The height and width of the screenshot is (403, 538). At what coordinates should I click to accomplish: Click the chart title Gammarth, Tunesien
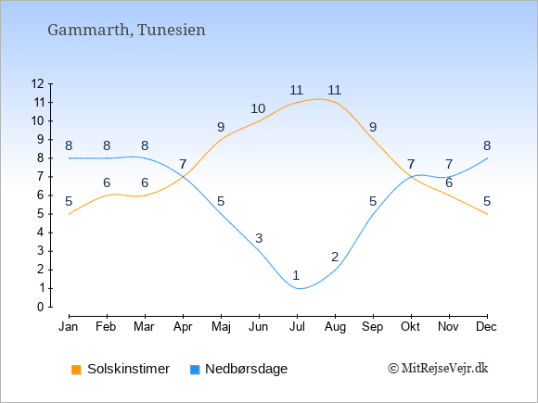click(x=126, y=31)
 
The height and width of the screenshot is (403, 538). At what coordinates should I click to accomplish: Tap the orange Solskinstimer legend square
click(x=76, y=370)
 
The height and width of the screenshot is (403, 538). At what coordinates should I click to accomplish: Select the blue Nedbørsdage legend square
click(x=195, y=370)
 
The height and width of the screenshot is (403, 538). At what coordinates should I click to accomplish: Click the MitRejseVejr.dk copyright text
click(x=438, y=369)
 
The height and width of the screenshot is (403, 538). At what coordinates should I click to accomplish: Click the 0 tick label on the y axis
click(x=41, y=307)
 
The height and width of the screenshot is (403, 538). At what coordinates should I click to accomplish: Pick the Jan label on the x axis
click(x=69, y=327)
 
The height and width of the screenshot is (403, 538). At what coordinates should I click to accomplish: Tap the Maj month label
click(x=221, y=327)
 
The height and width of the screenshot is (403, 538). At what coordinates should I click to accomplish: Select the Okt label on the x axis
click(x=410, y=327)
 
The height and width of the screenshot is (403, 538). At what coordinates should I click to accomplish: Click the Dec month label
click(x=487, y=327)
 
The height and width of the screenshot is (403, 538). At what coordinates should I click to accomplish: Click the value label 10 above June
click(x=258, y=108)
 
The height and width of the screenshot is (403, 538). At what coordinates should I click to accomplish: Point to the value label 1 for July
click(x=296, y=275)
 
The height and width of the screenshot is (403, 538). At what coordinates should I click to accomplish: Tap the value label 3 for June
click(x=259, y=238)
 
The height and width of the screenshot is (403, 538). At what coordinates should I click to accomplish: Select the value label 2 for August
click(x=335, y=257)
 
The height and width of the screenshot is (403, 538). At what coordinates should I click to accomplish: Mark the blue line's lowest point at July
click(x=297, y=288)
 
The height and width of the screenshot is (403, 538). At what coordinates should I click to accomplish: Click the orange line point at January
click(x=69, y=214)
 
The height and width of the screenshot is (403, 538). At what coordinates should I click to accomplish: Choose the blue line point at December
click(x=487, y=158)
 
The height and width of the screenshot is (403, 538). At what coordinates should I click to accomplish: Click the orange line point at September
click(x=373, y=140)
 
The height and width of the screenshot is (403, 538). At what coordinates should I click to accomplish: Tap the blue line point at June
click(x=259, y=251)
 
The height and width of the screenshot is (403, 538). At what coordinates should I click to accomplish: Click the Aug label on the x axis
click(x=335, y=327)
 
